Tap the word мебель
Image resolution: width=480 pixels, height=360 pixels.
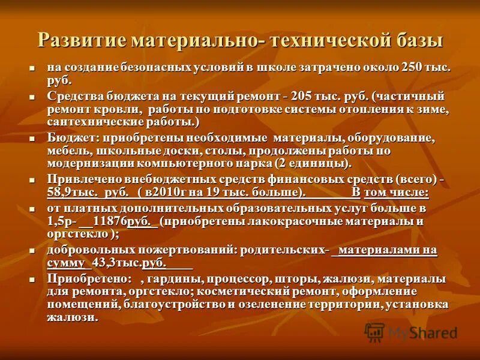(x=66, y=151)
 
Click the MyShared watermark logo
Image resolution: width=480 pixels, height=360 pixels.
(x=411, y=331)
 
